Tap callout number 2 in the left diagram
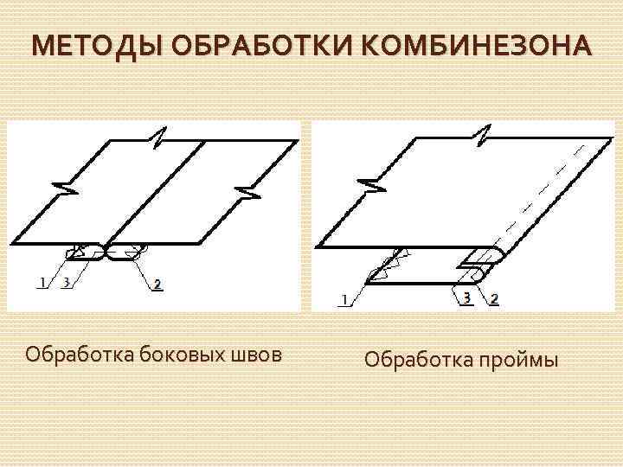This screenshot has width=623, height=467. click(x=157, y=284)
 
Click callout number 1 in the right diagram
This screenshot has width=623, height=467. click(x=344, y=299)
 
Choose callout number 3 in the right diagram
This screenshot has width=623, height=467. click(x=467, y=298)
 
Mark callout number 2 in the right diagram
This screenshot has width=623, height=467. click(x=494, y=299)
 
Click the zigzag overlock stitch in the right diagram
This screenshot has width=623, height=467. click(x=387, y=263)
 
